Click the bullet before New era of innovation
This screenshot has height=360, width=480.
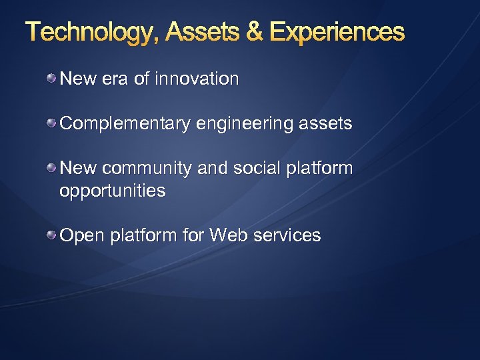tap(51, 79)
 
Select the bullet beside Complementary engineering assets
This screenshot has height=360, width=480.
tap(51, 123)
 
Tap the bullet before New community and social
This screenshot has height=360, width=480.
tap(51, 168)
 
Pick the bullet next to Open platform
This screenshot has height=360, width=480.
tap(51, 235)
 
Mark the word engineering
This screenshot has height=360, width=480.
tap(237, 124)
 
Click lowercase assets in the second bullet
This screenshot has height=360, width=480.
tap(326, 124)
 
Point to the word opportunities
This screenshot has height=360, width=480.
tap(112, 191)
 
